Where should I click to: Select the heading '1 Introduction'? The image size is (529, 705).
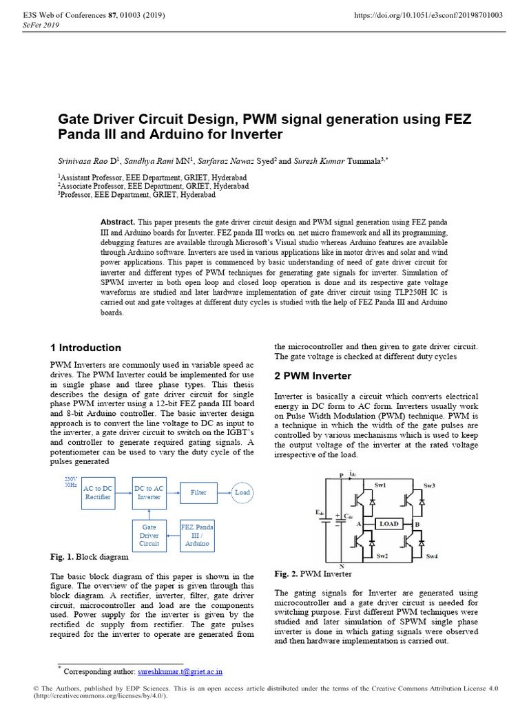coord(85,348)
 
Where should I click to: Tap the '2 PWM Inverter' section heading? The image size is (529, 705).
coord(313,376)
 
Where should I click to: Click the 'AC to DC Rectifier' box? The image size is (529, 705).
coord(97,492)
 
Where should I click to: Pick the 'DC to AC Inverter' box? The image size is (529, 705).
coord(149,492)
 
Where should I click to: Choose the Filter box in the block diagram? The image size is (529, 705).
coord(198,492)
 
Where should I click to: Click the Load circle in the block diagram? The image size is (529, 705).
coord(242,492)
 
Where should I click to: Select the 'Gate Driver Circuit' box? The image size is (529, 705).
coord(149,535)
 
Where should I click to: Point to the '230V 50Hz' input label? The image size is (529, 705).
coord(70,482)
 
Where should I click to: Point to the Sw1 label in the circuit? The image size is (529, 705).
coord(380,485)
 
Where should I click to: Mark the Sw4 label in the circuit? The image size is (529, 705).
coord(432,556)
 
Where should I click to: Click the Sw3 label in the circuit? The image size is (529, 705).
coord(430,485)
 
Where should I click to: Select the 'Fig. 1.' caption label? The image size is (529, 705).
coord(62,556)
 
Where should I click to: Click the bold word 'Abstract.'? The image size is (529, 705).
coord(118,223)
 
